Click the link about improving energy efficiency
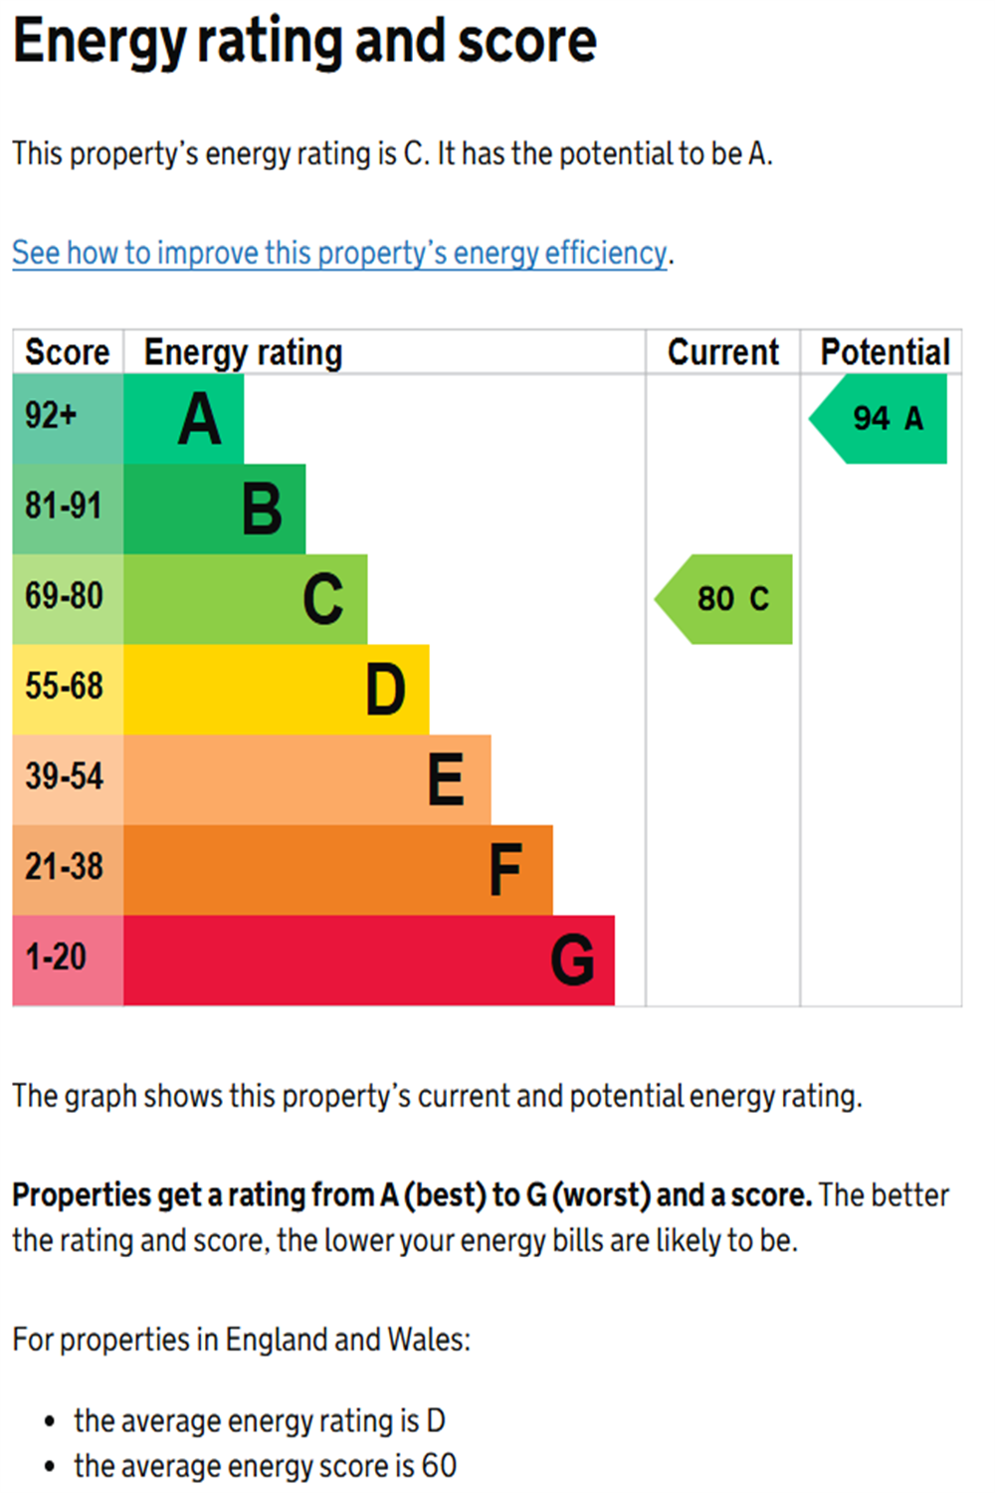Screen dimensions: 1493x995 click(339, 253)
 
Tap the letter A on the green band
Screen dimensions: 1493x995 click(199, 419)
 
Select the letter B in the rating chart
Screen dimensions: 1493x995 click(262, 509)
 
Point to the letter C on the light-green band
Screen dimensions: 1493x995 click(323, 599)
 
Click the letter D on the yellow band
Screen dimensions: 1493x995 click(386, 690)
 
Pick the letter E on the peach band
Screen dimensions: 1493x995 click(446, 779)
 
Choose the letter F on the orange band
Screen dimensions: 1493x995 click(505, 870)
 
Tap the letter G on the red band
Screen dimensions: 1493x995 click(572, 960)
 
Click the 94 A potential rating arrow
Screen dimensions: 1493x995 click(882, 419)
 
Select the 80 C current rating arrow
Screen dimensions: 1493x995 click(727, 599)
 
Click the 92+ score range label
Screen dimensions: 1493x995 click(51, 415)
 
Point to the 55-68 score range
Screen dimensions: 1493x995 click(64, 686)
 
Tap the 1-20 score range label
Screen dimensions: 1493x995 click(56, 958)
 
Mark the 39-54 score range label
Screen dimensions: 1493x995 click(64, 776)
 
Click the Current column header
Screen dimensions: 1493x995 click(723, 352)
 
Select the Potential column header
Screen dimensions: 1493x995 click(885, 352)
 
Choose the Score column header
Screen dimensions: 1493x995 click(68, 352)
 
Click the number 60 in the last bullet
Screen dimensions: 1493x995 click(439, 1466)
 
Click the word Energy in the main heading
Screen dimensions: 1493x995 click(99, 42)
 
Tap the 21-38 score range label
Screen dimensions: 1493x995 click(64, 867)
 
